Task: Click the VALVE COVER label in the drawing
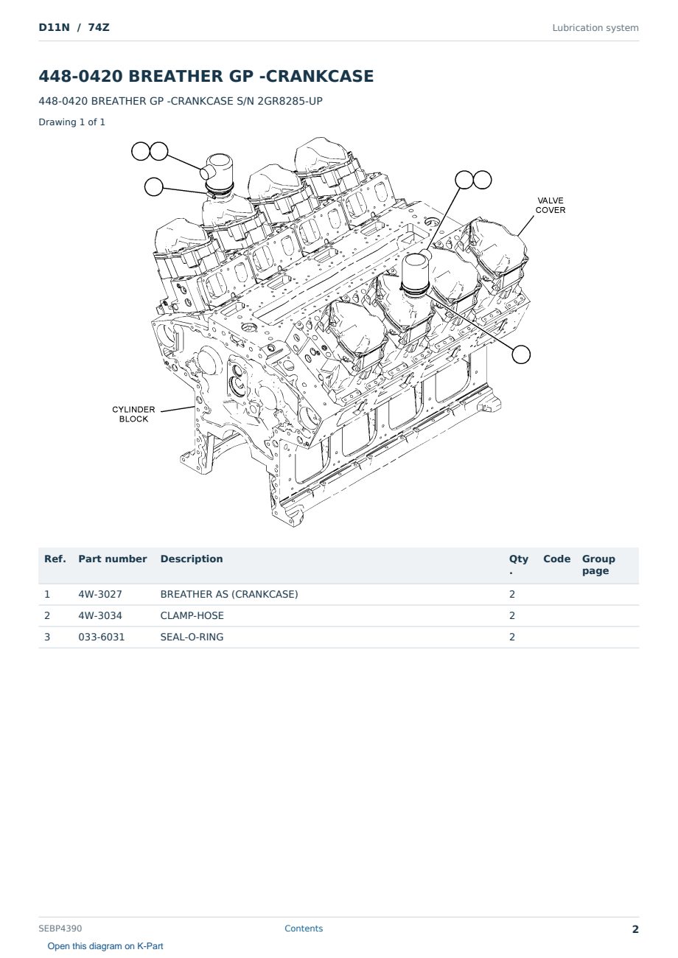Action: tap(550, 206)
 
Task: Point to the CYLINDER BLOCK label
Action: tap(133, 414)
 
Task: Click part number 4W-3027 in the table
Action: tap(100, 594)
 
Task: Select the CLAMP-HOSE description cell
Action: tap(192, 615)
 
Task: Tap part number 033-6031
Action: tap(102, 637)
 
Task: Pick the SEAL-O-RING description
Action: tap(192, 637)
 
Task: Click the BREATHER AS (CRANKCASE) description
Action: tap(229, 594)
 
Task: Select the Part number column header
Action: tap(113, 559)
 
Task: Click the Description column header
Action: tap(192, 559)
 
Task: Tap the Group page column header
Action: tap(598, 564)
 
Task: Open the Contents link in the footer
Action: tap(304, 929)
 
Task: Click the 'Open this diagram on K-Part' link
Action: tap(105, 946)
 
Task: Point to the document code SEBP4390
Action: tap(60, 929)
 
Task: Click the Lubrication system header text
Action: tap(595, 28)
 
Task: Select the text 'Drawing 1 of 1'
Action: tap(72, 122)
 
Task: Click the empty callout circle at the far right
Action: tap(521, 354)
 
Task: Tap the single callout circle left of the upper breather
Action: tap(153, 187)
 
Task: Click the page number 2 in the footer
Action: tap(635, 929)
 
